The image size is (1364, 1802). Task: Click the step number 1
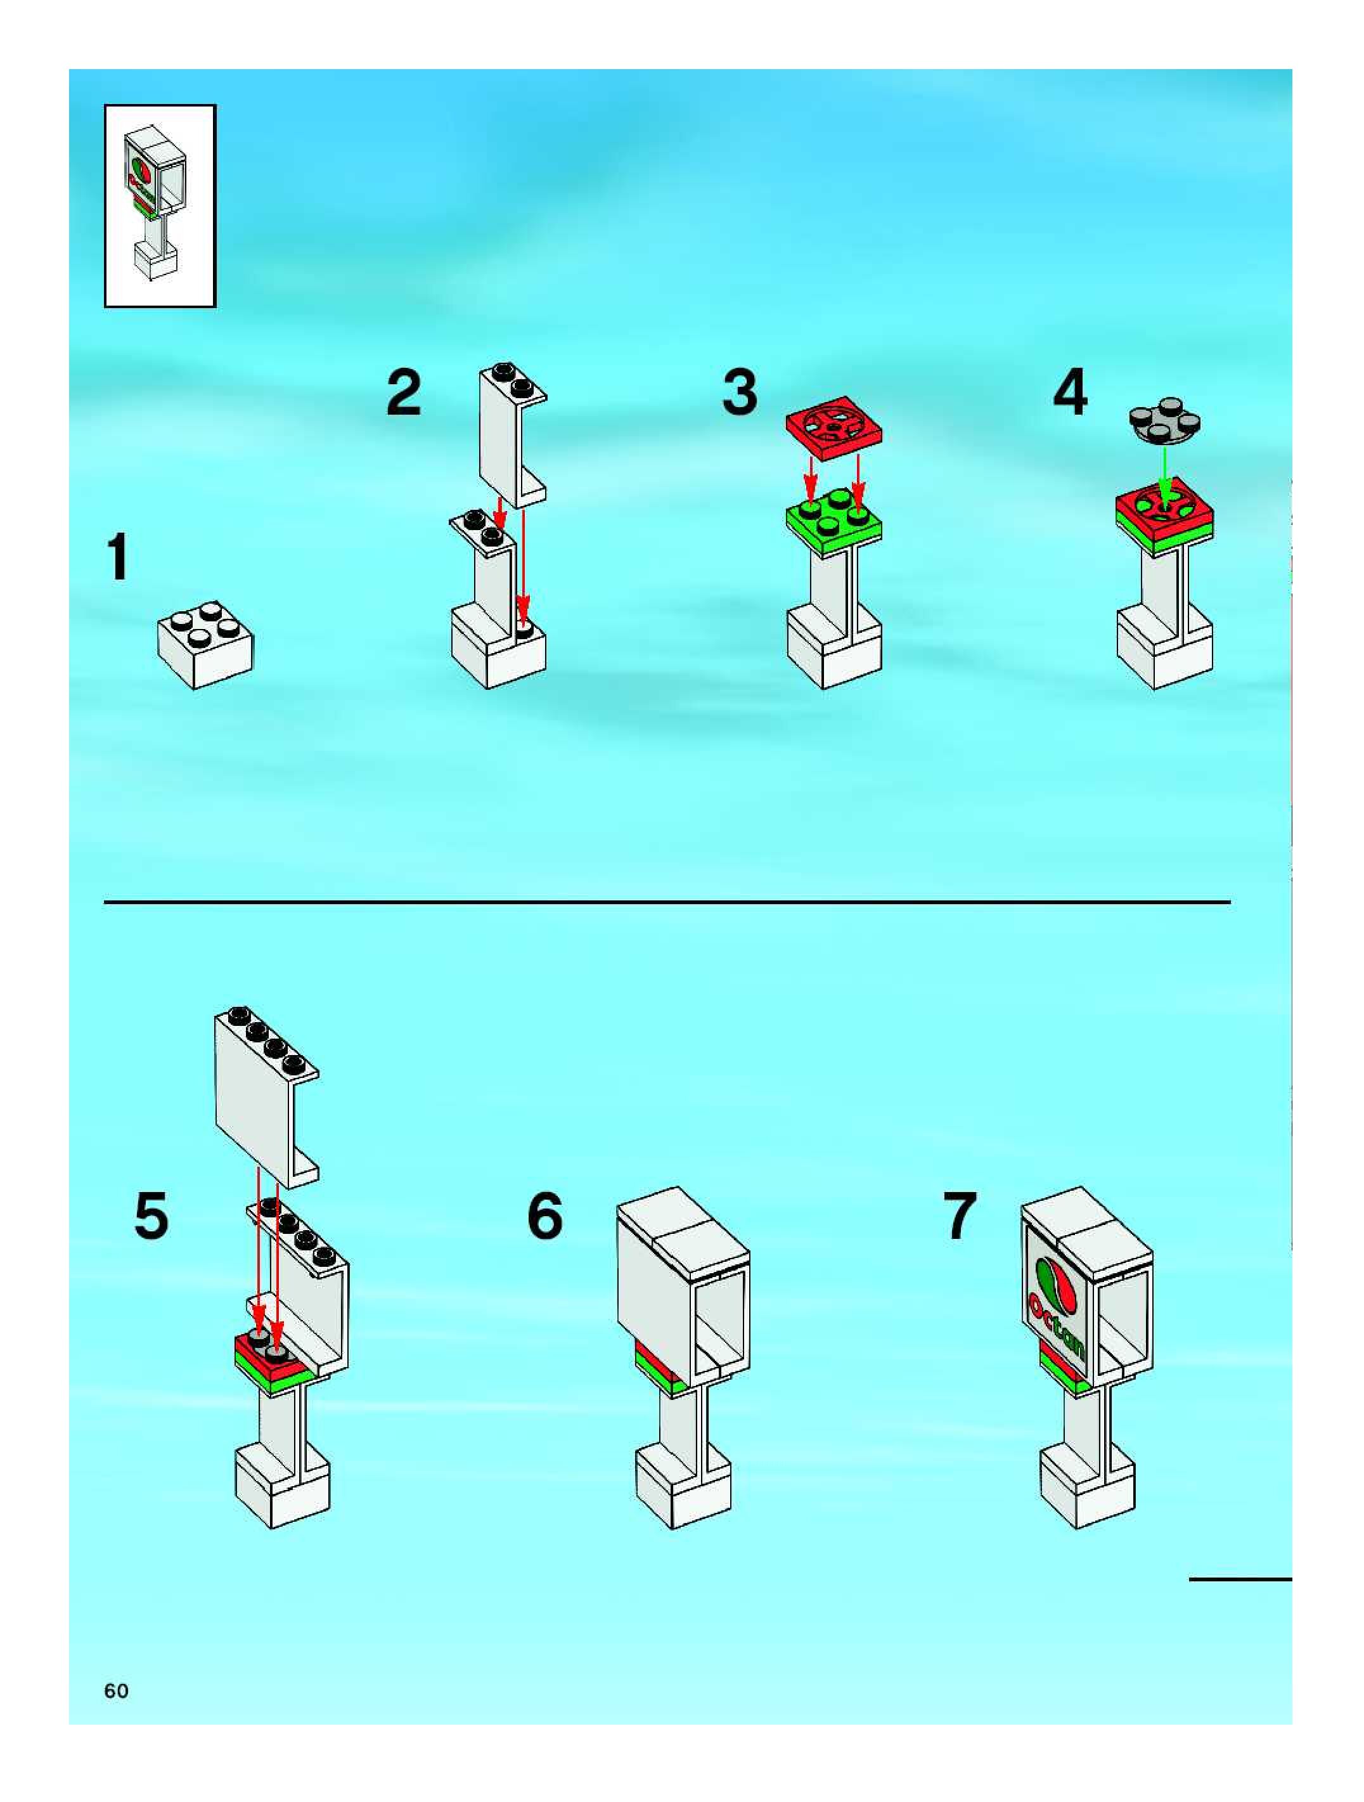click(119, 557)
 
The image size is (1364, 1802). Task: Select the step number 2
click(404, 392)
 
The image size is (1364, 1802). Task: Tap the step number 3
click(740, 392)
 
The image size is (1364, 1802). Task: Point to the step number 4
click(1070, 392)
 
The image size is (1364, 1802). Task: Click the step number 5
click(151, 1215)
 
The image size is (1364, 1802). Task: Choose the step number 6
click(545, 1215)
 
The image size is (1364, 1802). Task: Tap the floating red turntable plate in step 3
click(835, 429)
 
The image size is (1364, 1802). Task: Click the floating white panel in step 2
click(513, 435)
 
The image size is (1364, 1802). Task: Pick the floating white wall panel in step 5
click(266, 1096)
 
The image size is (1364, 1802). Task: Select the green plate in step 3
click(834, 524)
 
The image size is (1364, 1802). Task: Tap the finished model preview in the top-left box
click(160, 205)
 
